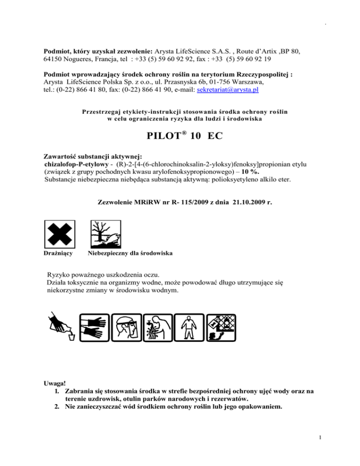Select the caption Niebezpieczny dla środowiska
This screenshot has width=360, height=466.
tap(130, 254)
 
